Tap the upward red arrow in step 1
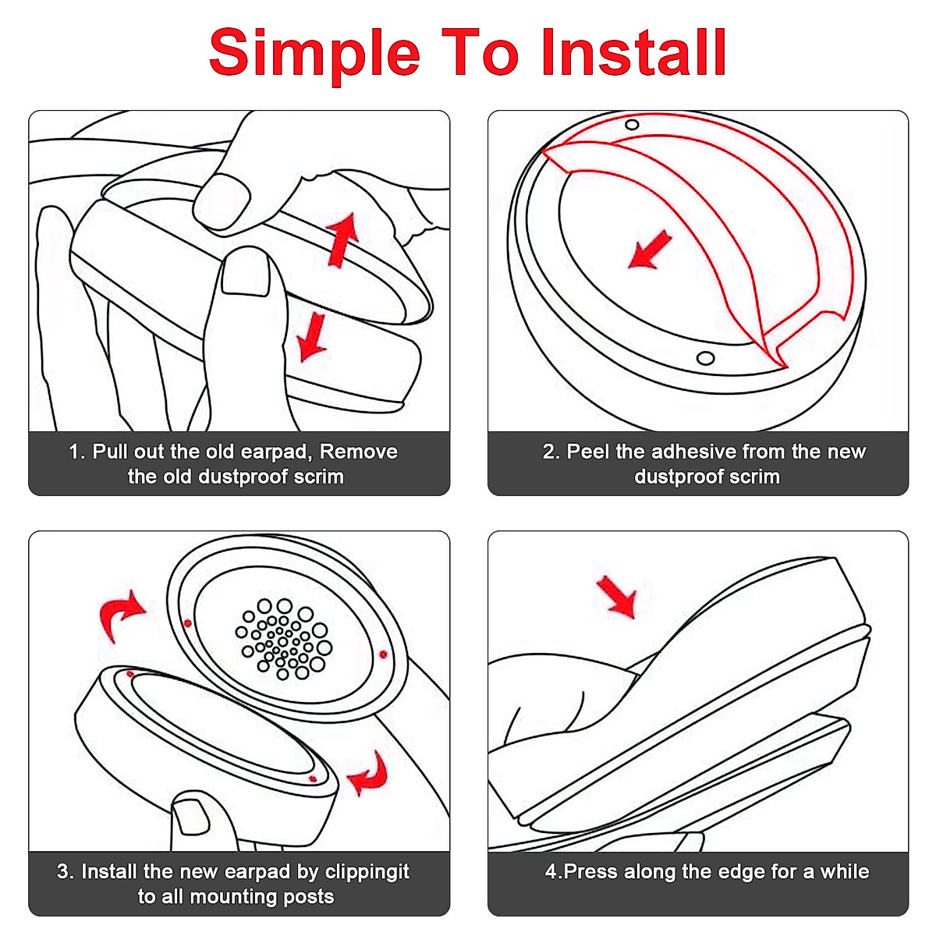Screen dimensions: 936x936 pyautogui.click(x=342, y=239)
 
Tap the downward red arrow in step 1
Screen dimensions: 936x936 pyautogui.click(x=313, y=336)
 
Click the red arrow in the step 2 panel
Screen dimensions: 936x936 pyautogui.click(x=649, y=250)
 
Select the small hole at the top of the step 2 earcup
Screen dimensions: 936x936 pyautogui.click(x=632, y=125)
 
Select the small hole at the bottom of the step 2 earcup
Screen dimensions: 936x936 pyautogui.click(x=705, y=359)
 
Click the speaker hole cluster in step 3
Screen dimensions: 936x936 pyautogui.click(x=284, y=639)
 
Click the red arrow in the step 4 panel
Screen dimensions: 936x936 pyautogui.click(x=617, y=597)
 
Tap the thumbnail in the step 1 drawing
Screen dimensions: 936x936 pyautogui.click(x=245, y=275)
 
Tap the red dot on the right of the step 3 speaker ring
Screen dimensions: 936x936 pyautogui.click(x=383, y=654)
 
